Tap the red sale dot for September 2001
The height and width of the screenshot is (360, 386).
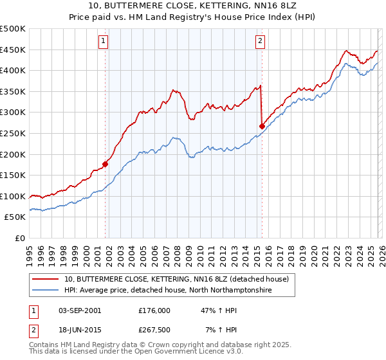(x=105, y=164)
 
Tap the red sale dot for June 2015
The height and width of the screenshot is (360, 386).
(x=262, y=127)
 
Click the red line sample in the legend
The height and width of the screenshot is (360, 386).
(x=46, y=279)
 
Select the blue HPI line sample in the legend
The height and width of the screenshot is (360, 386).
(x=46, y=290)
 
